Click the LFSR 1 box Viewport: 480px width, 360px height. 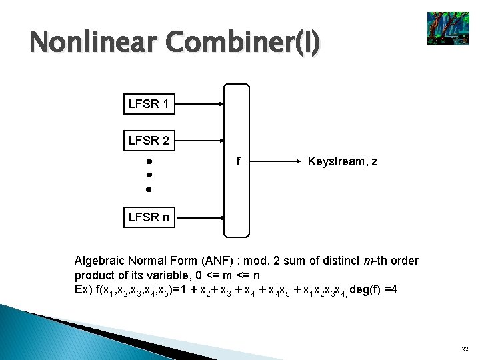(149, 104)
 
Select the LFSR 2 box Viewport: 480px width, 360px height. (149, 141)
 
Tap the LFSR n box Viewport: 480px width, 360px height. (149, 217)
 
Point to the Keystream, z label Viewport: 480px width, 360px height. (343, 161)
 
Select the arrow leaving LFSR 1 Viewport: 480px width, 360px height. (200, 104)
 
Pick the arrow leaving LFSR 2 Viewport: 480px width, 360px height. (200, 141)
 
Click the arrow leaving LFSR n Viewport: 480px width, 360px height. (200, 217)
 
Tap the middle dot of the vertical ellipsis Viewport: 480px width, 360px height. (149, 175)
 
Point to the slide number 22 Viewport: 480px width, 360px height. (464, 349)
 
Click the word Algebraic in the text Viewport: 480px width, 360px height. (100, 261)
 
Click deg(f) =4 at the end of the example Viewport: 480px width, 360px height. (373, 289)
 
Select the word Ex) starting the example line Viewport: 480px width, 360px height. (84, 289)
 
